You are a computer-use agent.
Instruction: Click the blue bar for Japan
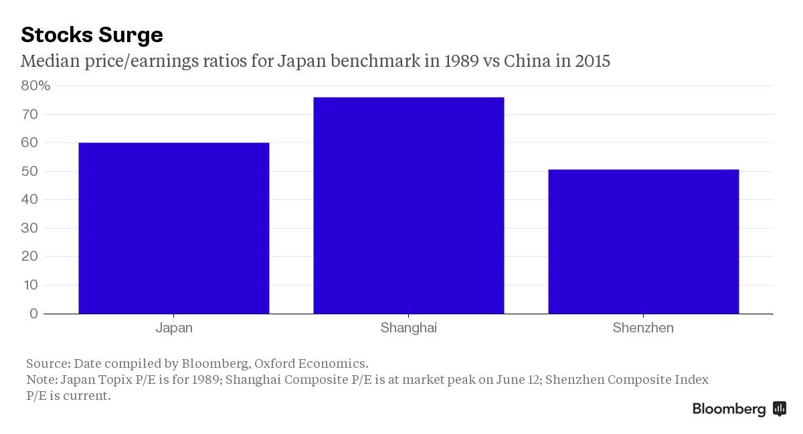click(x=174, y=228)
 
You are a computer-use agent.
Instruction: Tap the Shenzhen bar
click(x=643, y=241)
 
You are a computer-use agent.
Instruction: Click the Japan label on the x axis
click(x=174, y=328)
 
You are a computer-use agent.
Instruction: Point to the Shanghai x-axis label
click(x=408, y=328)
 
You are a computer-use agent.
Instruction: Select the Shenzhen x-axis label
click(x=643, y=328)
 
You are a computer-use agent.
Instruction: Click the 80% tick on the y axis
click(x=35, y=86)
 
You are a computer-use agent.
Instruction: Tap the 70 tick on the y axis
click(x=30, y=114)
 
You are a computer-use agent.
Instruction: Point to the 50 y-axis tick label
click(x=30, y=171)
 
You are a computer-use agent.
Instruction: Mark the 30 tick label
click(x=30, y=228)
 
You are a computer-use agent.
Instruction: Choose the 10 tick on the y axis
click(x=30, y=285)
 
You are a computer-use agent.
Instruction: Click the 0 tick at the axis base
click(x=33, y=314)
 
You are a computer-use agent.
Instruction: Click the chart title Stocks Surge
click(x=92, y=35)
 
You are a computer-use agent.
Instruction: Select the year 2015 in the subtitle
click(x=592, y=62)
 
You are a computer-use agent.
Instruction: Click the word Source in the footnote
click(x=48, y=364)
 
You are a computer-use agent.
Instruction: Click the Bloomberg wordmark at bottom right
click(x=729, y=409)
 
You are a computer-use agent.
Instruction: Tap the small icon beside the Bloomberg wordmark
click(x=779, y=409)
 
